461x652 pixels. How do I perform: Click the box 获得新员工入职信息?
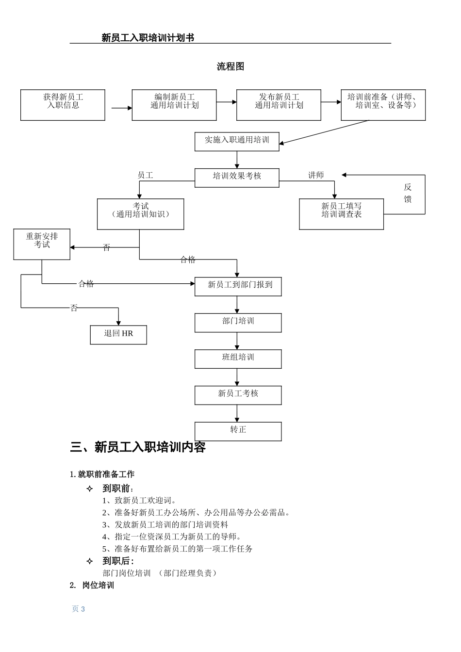(x=63, y=105)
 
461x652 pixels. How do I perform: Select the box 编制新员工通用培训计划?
(x=174, y=105)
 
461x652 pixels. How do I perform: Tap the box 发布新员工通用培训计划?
(x=279, y=105)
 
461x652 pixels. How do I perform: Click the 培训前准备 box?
(x=383, y=105)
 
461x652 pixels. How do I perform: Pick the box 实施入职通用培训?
(x=237, y=141)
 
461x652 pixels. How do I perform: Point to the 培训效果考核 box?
(x=237, y=178)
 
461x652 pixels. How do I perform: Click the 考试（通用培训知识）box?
(x=140, y=213)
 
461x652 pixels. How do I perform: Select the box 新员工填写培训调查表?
(x=341, y=213)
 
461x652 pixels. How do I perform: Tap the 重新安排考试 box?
(x=42, y=244)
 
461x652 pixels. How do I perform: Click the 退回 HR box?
(x=118, y=335)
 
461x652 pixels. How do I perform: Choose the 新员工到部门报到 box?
(x=238, y=286)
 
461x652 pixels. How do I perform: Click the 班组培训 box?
(x=238, y=359)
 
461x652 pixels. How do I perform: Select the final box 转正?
(x=238, y=431)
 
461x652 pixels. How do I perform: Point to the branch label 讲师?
(x=316, y=175)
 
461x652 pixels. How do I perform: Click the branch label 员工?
(x=145, y=175)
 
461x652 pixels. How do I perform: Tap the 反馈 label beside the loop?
(x=408, y=193)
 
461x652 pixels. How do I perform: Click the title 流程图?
(x=230, y=66)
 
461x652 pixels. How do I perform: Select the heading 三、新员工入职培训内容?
(x=138, y=447)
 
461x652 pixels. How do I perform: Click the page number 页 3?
(x=78, y=609)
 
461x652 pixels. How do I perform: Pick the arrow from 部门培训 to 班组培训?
(x=237, y=341)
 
